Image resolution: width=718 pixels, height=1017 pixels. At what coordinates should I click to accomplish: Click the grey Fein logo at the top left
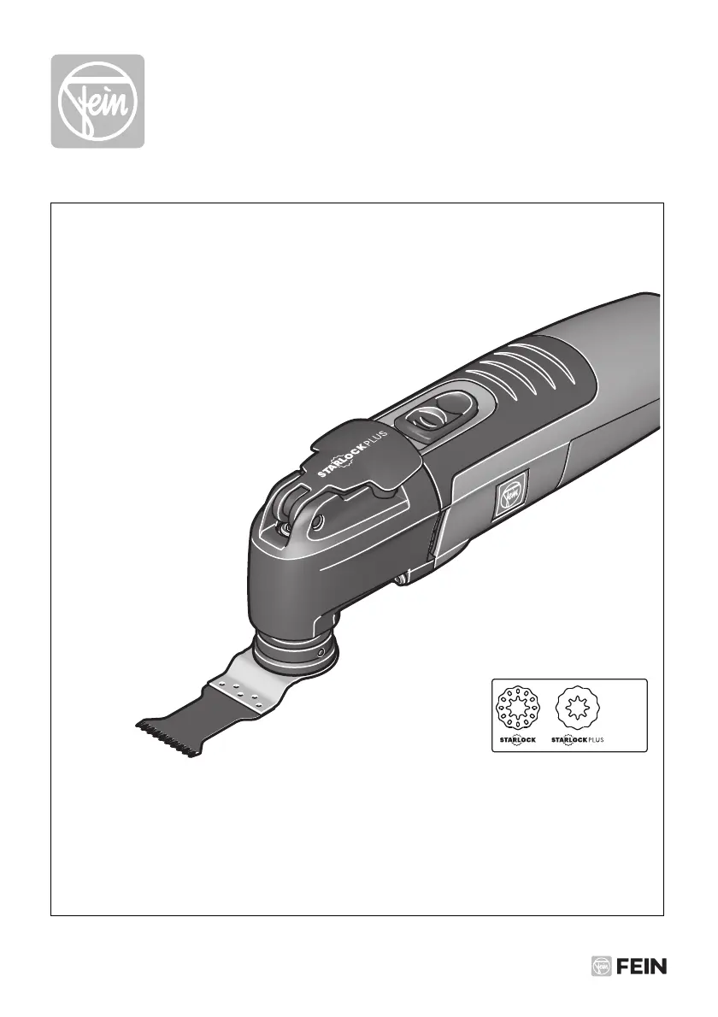pos(98,101)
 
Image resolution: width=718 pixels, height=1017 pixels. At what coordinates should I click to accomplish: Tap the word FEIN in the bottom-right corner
pos(641,967)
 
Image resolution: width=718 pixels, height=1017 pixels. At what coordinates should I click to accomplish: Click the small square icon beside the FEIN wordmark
pos(601,967)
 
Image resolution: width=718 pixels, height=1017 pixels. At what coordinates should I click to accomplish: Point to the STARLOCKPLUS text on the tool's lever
pos(352,453)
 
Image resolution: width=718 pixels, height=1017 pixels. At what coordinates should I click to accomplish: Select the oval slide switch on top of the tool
pos(434,415)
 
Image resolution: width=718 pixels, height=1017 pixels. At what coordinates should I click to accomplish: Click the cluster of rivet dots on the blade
pos(241,693)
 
